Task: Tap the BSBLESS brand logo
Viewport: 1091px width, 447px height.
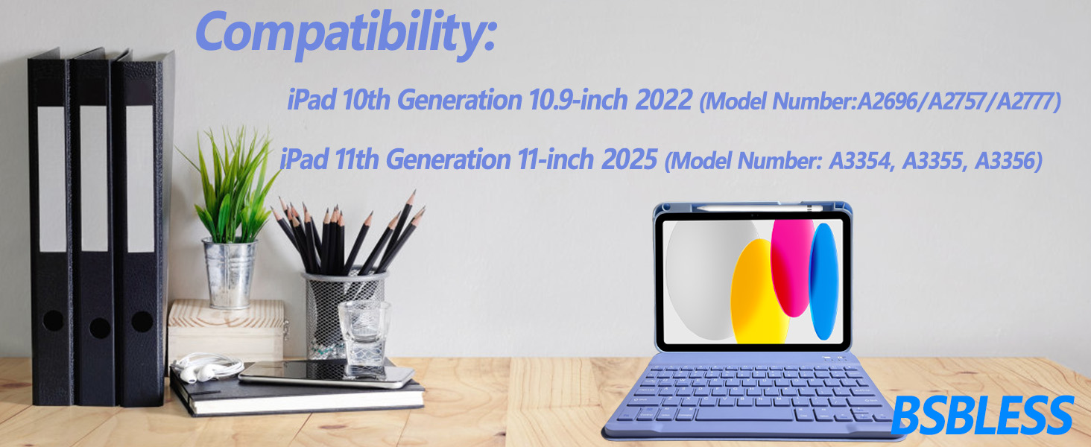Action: coord(982,416)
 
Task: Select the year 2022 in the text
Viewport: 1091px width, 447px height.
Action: coord(664,100)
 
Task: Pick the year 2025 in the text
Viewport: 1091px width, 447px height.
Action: coord(629,159)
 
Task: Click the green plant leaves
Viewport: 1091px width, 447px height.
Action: coord(231,185)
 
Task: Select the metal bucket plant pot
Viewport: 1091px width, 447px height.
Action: coord(230,273)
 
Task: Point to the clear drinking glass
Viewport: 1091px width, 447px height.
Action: coord(364,334)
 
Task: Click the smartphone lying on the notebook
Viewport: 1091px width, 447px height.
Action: coord(326,375)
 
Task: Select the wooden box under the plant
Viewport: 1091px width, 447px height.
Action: coord(227,331)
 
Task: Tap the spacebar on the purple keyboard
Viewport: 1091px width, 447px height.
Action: coord(745,416)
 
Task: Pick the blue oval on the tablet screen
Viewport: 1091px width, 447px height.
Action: coord(823,282)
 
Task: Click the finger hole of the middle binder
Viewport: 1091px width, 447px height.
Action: coord(100,329)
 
